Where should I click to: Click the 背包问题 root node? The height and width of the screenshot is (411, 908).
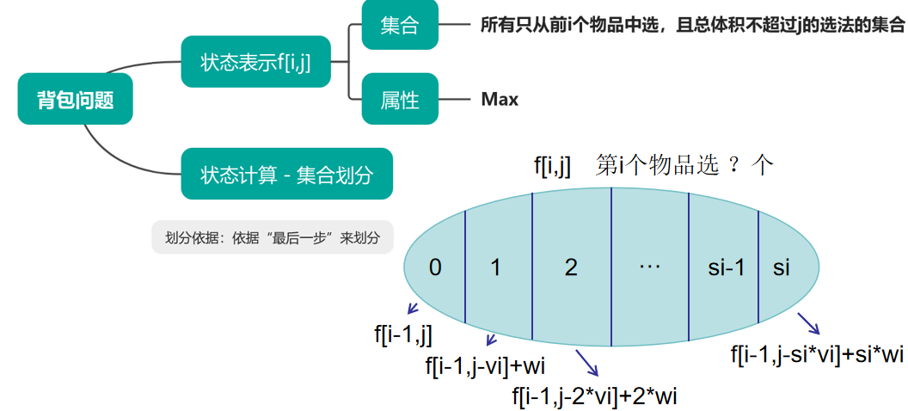tap(76, 99)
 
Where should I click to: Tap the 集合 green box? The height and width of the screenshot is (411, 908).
tap(399, 26)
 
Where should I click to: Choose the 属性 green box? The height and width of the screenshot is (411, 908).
tap(399, 99)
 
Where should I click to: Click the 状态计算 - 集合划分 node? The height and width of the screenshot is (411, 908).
tap(286, 175)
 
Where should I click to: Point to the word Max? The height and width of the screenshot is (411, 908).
tap(500, 99)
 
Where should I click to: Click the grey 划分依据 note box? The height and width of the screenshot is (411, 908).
tap(272, 237)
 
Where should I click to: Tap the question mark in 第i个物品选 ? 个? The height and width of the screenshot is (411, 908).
tap(733, 166)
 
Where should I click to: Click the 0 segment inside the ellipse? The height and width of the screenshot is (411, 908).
tap(435, 267)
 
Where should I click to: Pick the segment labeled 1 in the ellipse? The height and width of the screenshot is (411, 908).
tap(495, 267)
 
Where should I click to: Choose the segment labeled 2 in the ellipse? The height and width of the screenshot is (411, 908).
tap(571, 267)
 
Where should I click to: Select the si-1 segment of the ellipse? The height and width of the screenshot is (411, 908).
tap(725, 267)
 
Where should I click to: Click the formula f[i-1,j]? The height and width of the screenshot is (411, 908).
tap(403, 334)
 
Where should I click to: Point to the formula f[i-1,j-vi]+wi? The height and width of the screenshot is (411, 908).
tap(485, 366)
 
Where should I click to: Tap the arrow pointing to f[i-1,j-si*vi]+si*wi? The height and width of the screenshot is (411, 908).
tap(807, 323)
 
